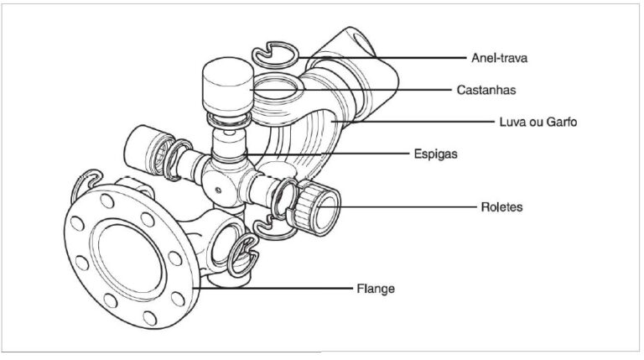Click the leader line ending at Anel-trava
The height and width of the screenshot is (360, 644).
click(x=394, y=57)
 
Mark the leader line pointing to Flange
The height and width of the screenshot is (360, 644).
click(x=277, y=288)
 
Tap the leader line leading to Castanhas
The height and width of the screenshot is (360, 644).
click(x=361, y=88)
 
